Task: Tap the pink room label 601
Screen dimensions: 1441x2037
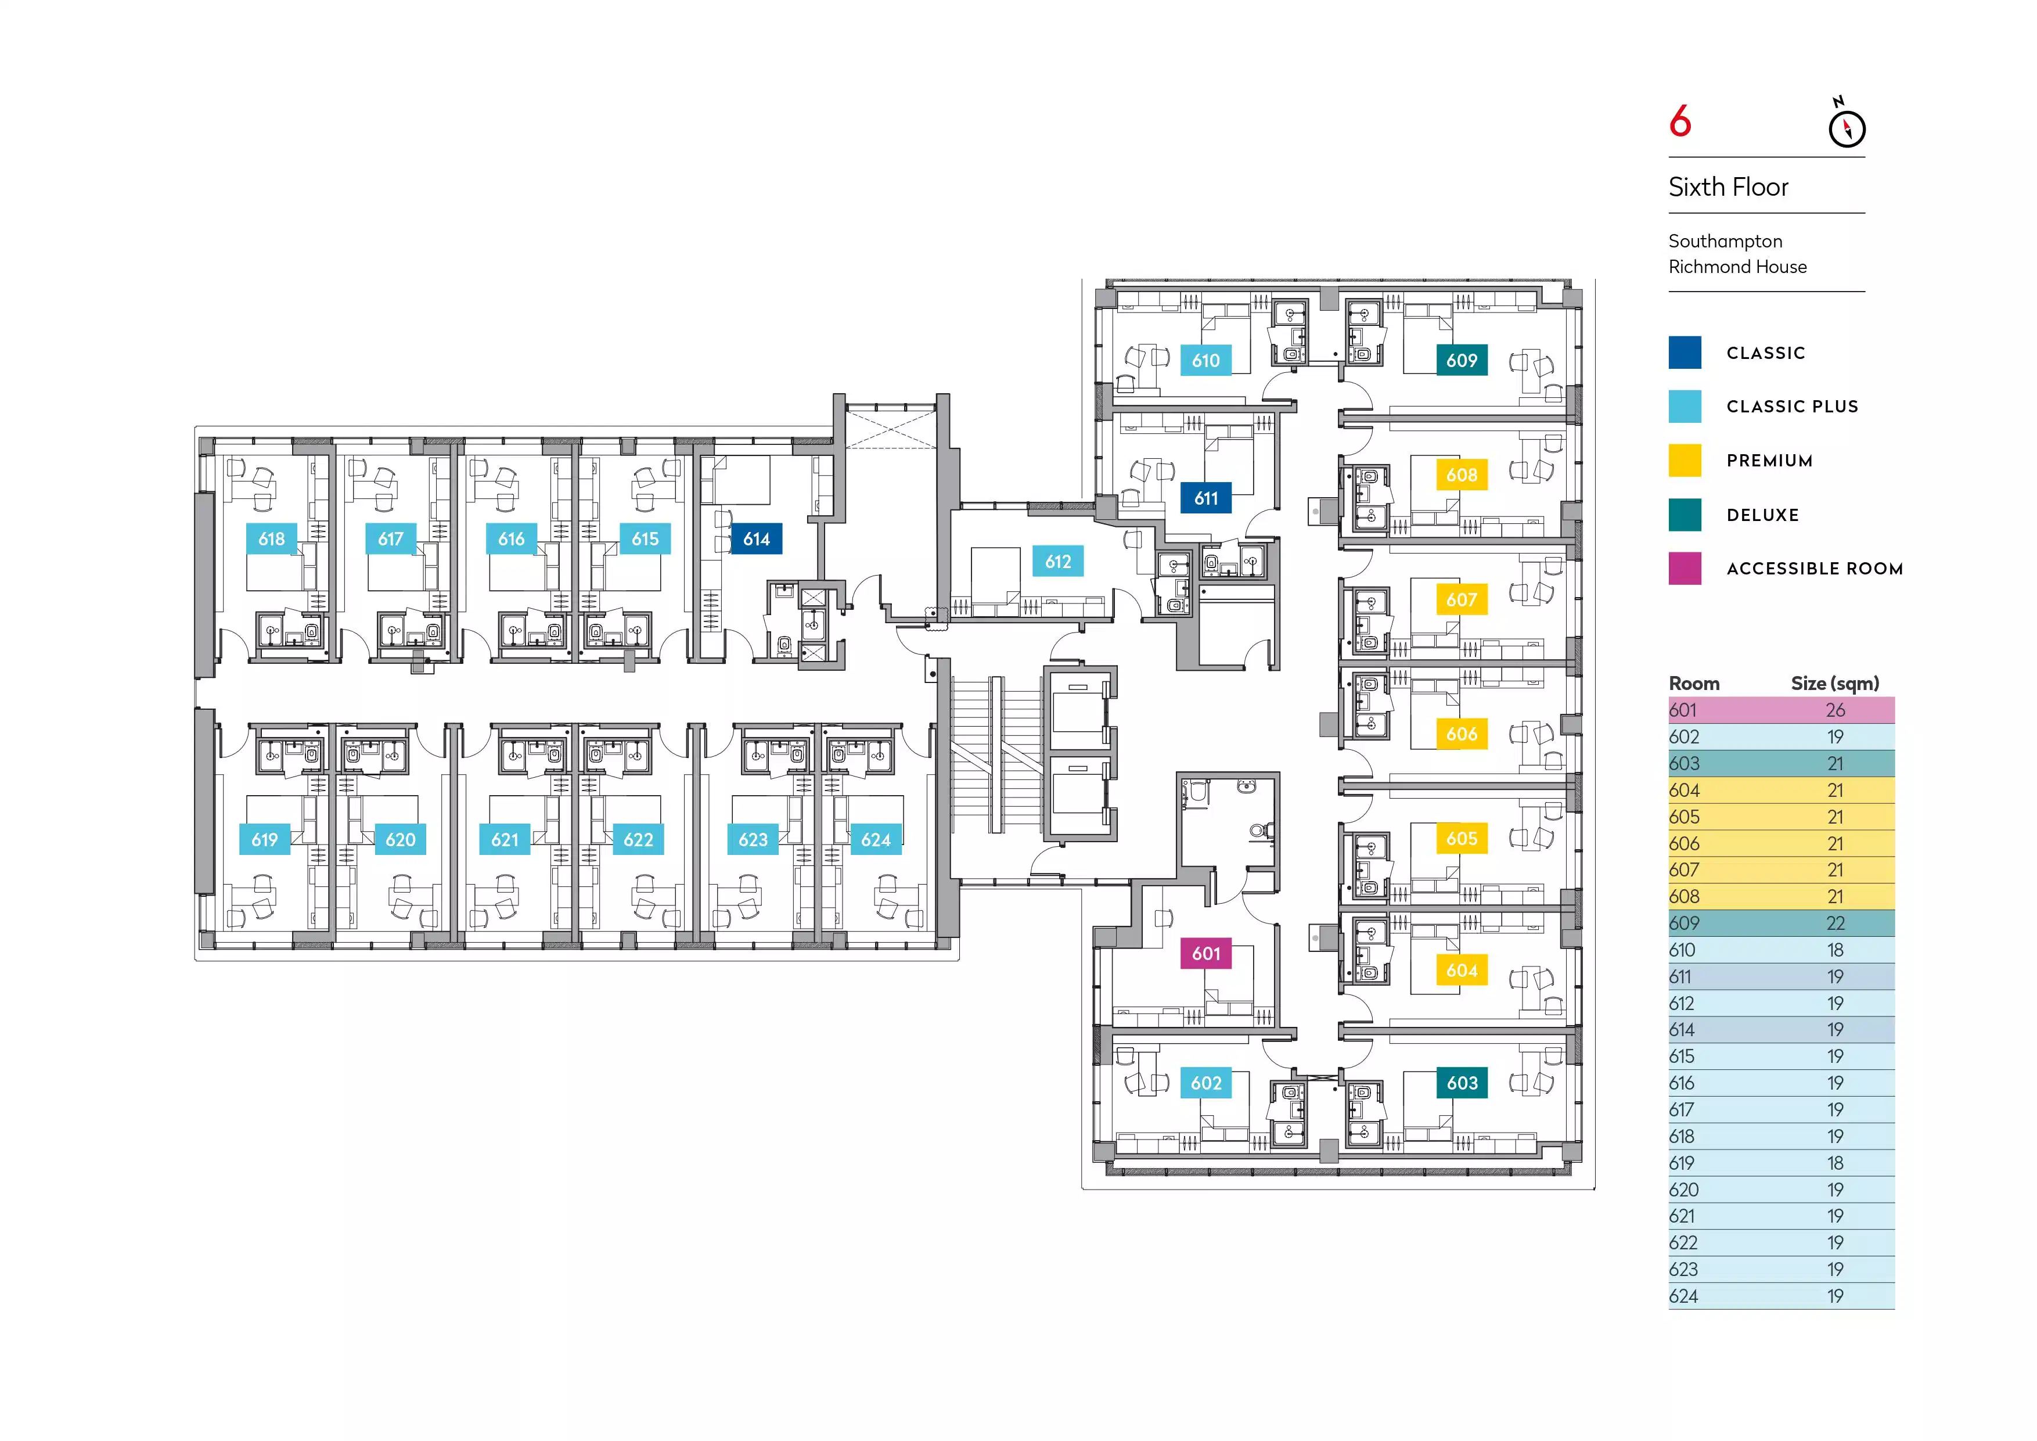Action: click(1205, 954)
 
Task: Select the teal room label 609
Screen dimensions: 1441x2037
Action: click(1461, 360)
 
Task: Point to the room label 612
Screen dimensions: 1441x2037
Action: click(1057, 562)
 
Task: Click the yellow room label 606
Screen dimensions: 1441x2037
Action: click(1461, 734)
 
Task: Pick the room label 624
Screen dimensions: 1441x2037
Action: click(876, 839)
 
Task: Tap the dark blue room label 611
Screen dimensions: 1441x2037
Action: click(1205, 499)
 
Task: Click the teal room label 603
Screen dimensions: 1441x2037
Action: click(1461, 1083)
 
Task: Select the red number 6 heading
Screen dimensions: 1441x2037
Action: click(1679, 121)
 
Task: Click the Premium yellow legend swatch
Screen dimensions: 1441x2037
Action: click(1685, 461)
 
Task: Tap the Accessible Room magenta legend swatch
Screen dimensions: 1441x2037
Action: click(1685, 569)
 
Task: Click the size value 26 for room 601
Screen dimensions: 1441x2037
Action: click(1835, 710)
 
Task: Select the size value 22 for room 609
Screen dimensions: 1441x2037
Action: click(1835, 923)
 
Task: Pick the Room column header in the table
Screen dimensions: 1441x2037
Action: click(1694, 683)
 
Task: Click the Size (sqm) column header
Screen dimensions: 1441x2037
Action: click(1835, 683)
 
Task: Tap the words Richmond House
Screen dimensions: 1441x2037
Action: click(1737, 267)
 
